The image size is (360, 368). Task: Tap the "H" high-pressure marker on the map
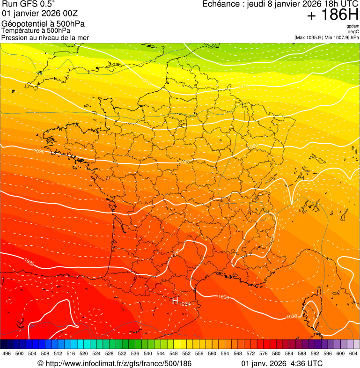coord(176,301)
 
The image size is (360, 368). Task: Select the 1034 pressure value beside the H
coord(185,304)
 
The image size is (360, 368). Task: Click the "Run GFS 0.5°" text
coord(28,4)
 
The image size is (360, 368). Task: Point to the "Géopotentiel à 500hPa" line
coord(44,24)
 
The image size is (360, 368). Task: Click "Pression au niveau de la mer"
coord(45,37)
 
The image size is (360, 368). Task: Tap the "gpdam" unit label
coord(353,26)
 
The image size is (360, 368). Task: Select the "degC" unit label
coord(354,31)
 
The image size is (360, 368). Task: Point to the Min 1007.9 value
coord(337,37)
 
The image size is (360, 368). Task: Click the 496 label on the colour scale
coord(7,353)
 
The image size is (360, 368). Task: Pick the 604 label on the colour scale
coord(353,353)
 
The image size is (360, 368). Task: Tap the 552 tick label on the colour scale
coord(186,353)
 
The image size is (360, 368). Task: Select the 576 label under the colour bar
coord(264,353)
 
